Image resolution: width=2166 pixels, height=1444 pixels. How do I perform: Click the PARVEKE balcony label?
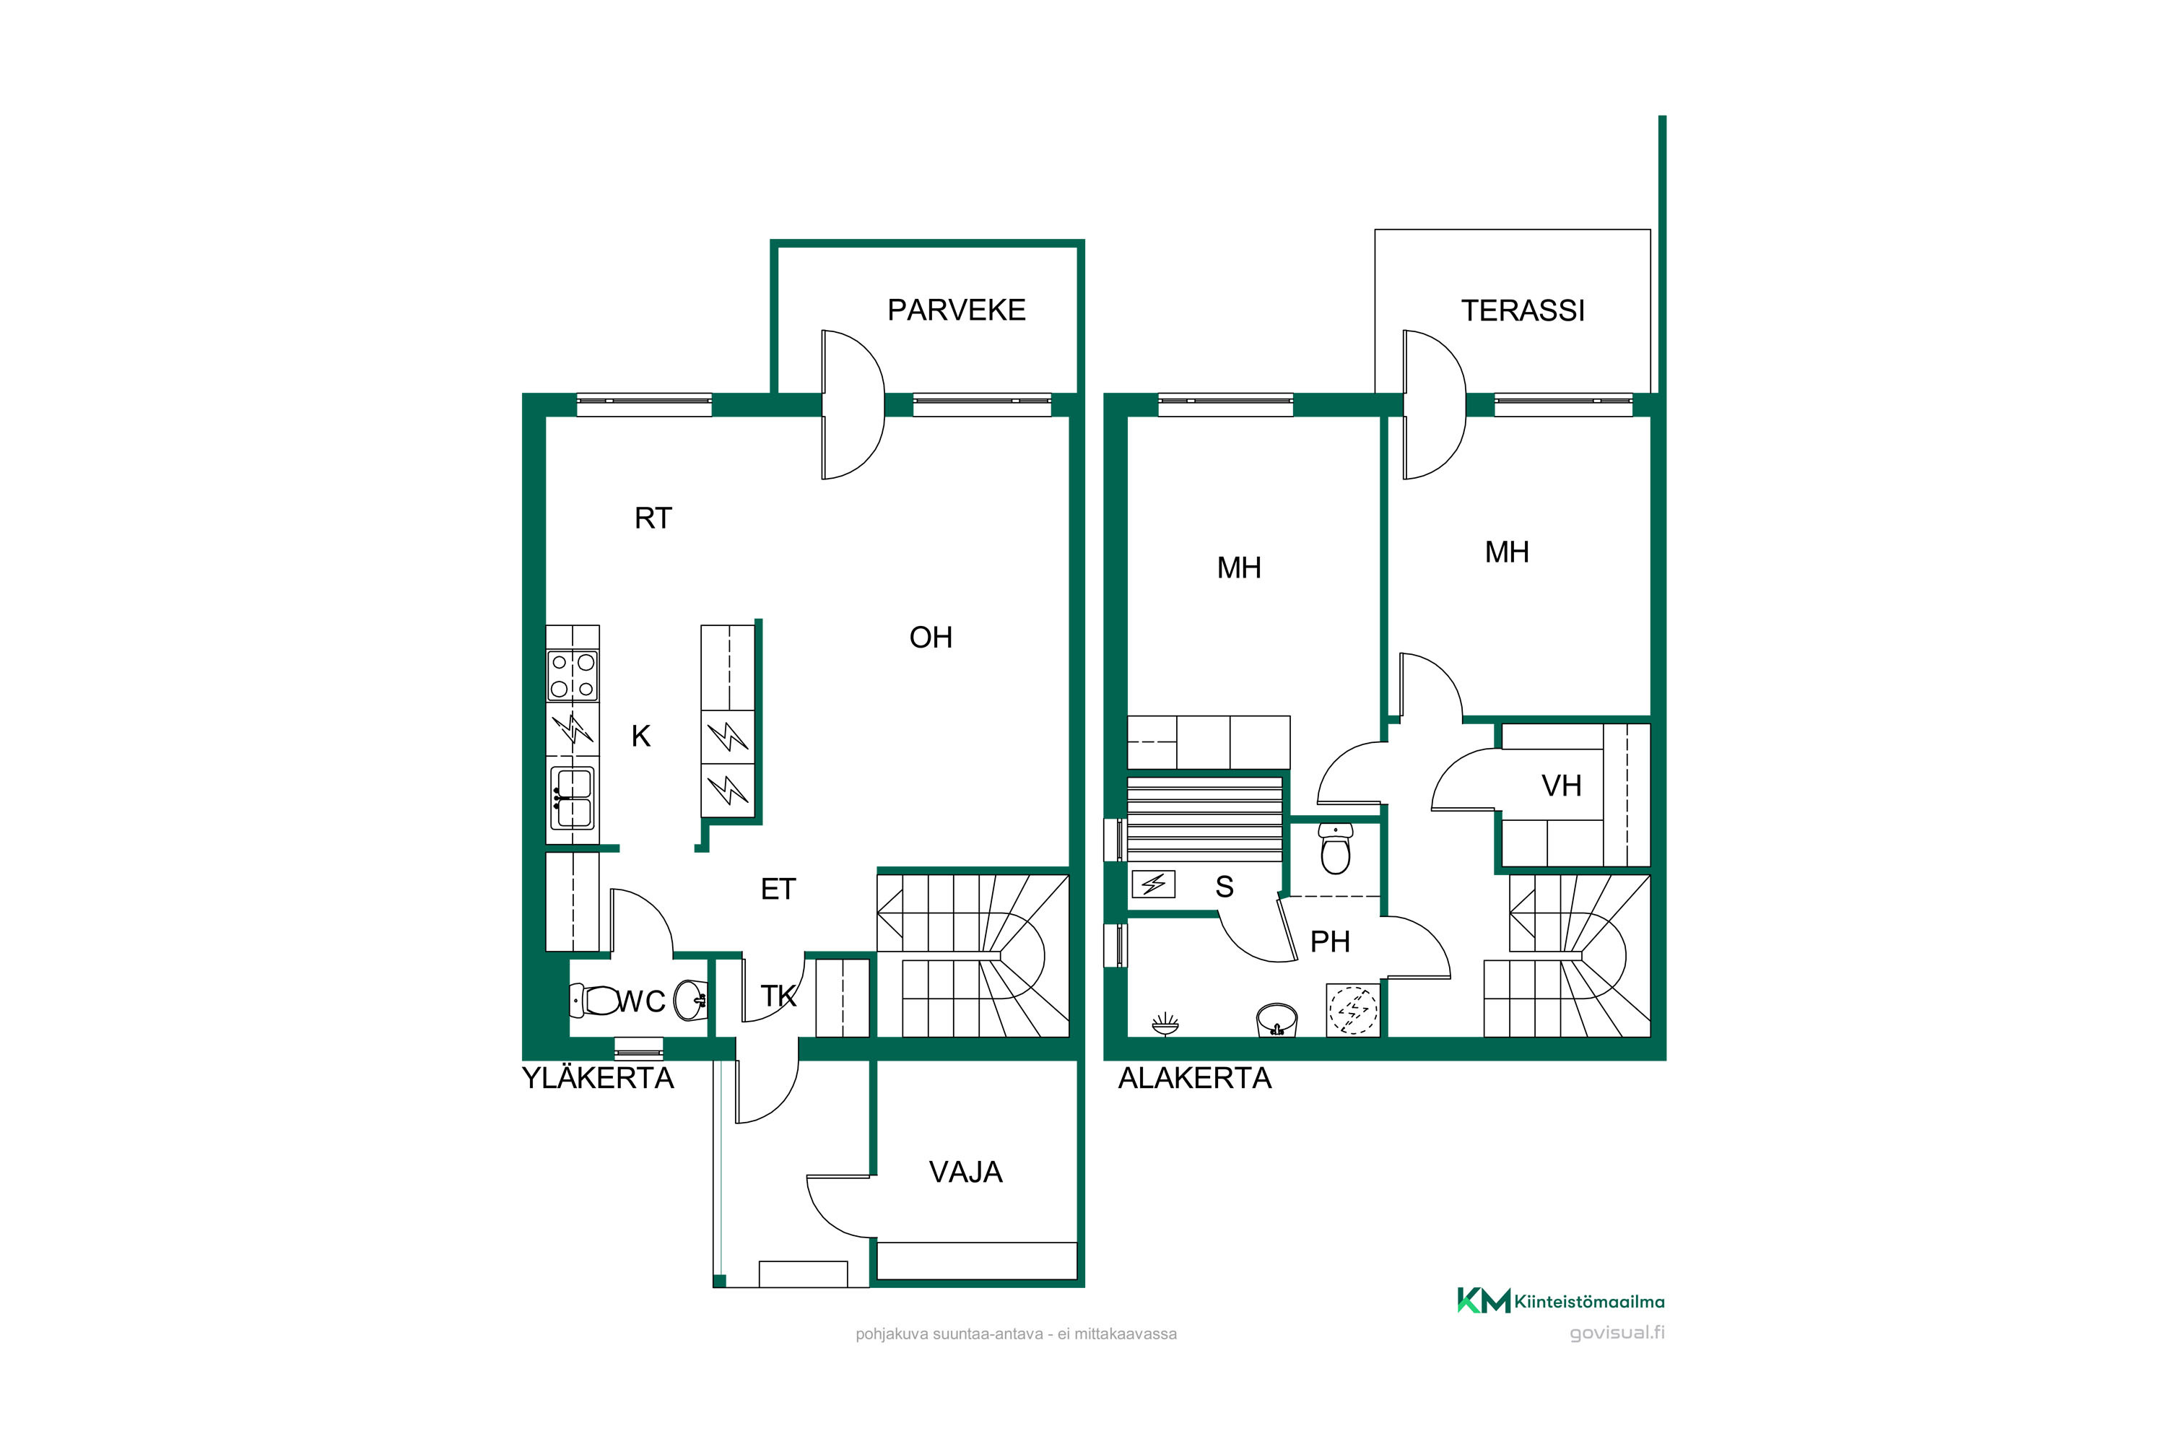click(956, 310)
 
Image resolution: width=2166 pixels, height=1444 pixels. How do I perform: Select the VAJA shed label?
click(965, 1173)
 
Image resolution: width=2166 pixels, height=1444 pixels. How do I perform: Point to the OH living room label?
click(930, 638)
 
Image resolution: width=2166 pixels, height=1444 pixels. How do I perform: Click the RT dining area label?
click(653, 518)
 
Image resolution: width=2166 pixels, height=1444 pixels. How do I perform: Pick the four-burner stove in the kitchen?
click(572, 675)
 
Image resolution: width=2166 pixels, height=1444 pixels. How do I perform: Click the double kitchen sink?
click(572, 799)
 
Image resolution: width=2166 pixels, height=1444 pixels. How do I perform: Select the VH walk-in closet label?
click(1561, 786)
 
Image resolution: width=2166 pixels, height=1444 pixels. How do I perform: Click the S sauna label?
click(1224, 887)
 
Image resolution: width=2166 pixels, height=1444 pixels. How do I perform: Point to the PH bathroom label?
click(1330, 942)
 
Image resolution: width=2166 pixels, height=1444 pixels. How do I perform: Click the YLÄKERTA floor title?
click(598, 1079)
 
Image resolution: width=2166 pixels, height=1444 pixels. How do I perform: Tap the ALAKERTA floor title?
click(1194, 1079)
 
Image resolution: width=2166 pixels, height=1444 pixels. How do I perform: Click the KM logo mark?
click(1484, 1300)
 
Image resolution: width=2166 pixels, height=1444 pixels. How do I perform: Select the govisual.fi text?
click(1617, 1333)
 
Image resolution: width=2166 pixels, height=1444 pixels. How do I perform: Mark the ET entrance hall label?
click(778, 890)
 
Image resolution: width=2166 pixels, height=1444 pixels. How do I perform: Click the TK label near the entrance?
click(778, 996)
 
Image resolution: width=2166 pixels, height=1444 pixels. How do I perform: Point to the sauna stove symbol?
click(1153, 884)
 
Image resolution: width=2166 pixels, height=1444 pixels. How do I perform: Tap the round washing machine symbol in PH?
click(1354, 1010)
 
